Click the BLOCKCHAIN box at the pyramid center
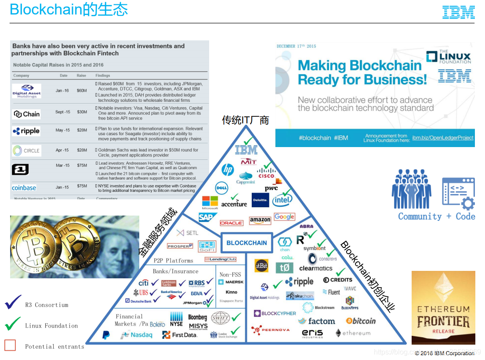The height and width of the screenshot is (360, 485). click(x=246, y=243)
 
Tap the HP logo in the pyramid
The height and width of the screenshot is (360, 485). click(x=228, y=169)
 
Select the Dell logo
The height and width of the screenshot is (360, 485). click(x=221, y=188)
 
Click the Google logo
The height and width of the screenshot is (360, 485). click(x=284, y=217)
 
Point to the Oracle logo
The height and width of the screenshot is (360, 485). click(x=232, y=223)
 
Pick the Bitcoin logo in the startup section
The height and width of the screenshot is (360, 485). click(x=361, y=321)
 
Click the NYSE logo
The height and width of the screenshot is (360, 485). click(x=176, y=319)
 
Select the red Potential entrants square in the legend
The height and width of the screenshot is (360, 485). click(x=10, y=346)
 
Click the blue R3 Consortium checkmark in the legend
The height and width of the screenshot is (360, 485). click(x=13, y=302)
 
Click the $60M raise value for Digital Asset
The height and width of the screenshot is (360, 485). click(x=82, y=90)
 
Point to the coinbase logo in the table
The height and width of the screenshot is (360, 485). click(x=24, y=188)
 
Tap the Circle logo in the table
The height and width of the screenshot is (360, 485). click(x=26, y=151)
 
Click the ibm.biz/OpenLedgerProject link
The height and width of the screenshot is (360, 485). click(x=443, y=138)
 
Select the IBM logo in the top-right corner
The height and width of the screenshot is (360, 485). click(x=458, y=12)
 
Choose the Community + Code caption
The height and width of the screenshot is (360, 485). click(x=436, y=216)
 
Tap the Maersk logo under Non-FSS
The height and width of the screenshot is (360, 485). click(x=231, y=282)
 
